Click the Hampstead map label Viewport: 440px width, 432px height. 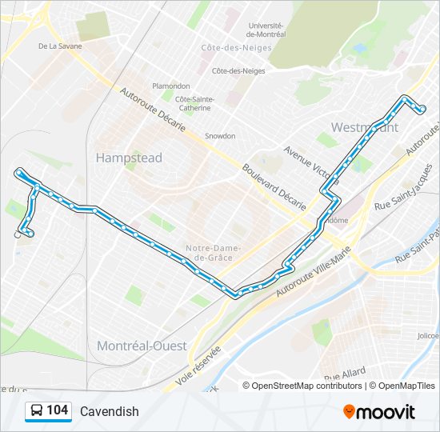coord(129,158)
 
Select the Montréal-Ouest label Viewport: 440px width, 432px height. coord(142,346)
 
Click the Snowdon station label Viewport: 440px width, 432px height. coord(220,136)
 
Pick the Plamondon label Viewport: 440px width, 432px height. coord(171,86)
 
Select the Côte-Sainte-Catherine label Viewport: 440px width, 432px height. coord(195,102)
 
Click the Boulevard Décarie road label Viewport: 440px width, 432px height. coord(274,188)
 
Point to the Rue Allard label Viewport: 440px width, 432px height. coord(345,374)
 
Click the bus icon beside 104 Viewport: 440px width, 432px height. coord(36,411)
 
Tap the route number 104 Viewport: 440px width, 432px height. coord(57,410)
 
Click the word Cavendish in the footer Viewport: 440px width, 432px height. coord(110,411)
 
